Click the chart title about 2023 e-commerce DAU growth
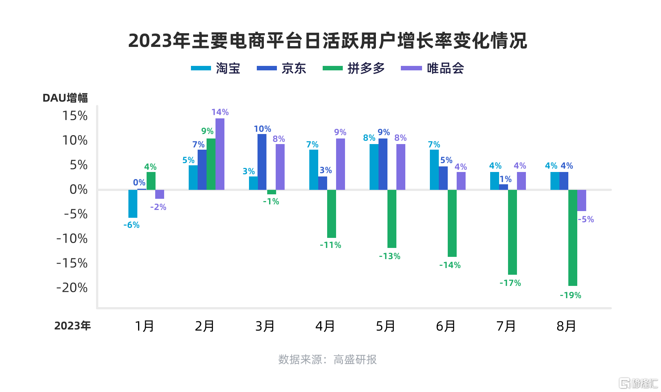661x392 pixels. pos(328,41)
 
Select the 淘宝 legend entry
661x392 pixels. pos(215,68)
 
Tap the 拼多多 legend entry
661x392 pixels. pos(354,68)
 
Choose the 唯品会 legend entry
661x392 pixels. pos(432,68)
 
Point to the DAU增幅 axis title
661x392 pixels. pos(65,98)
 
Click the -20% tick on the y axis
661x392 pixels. pos(72,288)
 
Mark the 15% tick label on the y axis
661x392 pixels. pos(75,116)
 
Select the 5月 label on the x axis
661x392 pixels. pos(385,326)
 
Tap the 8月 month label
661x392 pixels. pos(566,326)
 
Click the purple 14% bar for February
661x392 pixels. pos(220,154)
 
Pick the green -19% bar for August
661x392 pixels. pos(573,238)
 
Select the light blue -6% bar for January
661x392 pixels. pos(133,204)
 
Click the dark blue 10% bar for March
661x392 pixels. pos(262,162)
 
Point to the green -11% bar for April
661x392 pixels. pos(332,214)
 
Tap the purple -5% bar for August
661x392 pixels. pos(582,200)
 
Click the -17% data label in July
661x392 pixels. pos(510,283)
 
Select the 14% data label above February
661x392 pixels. pos(220,112)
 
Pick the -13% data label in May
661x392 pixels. pos(390,256)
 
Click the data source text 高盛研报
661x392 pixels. pos(355,360)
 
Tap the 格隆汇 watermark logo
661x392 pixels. pos(638,383)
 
